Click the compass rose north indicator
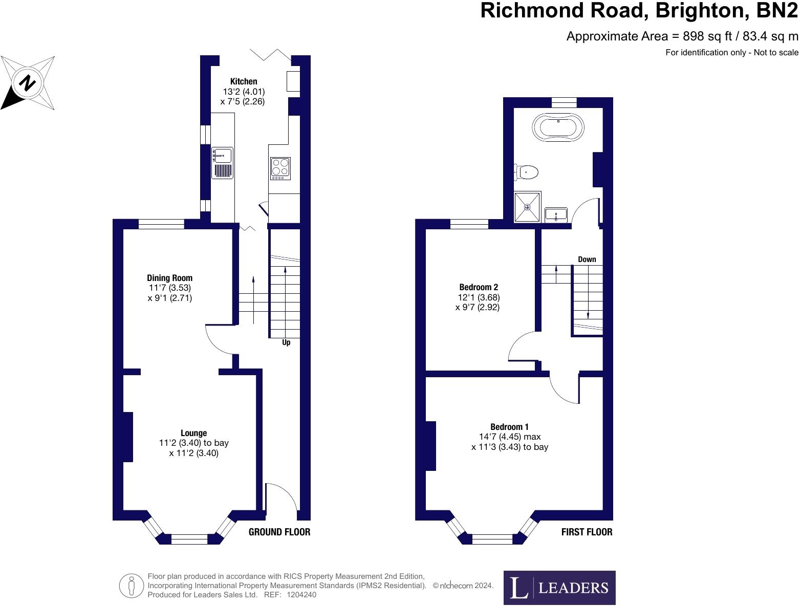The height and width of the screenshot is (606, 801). coord(28,83)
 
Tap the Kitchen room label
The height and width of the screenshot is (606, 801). coord(243,81)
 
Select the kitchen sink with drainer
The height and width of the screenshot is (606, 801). coord(222,163)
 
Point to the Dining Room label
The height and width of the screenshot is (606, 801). coord(169,278)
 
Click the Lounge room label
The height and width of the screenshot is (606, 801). coord(193,433)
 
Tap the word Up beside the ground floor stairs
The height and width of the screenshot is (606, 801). coord(286,342)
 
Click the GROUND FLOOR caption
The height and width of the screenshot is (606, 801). coord(279,532)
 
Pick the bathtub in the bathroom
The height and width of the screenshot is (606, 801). coord(557,126)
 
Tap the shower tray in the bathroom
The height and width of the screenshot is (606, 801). coord(527,207)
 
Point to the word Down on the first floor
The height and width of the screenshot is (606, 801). coord(587,259)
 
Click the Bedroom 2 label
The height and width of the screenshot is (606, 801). coord(478,287)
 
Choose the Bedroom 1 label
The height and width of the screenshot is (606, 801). coord(509,427)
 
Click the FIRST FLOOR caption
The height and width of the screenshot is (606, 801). coord(587,532)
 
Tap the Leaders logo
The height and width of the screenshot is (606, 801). coord(559,588)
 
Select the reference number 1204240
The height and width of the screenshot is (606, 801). coord(302,595)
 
